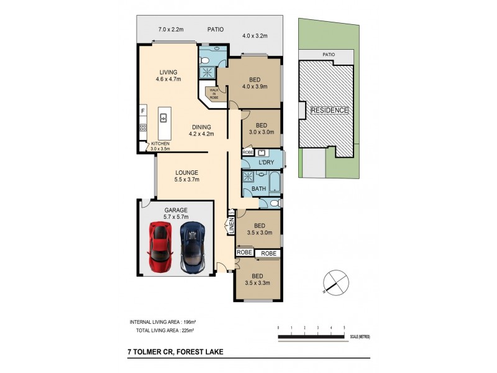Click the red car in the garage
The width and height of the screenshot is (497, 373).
[160, 248]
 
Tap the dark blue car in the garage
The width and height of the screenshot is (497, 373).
[192, 248]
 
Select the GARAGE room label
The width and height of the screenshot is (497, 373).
[176, 210]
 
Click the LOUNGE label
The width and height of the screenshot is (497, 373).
[186, 172]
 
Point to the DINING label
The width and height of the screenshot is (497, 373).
[201, 127]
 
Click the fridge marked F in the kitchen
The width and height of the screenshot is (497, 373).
[143, 111]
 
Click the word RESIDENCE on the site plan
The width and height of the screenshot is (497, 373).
[329, 110]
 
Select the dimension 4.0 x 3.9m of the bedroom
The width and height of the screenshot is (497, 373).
[255, 87]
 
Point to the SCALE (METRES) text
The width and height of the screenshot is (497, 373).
[360, 336]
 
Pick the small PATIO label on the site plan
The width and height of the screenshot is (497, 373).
[328, 55]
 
